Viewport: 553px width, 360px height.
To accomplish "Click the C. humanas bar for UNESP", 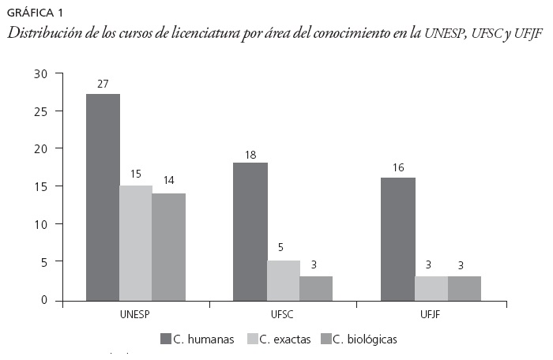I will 103,197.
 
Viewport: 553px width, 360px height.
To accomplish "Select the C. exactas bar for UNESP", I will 136,242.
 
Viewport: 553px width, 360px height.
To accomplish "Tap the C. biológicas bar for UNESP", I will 168,246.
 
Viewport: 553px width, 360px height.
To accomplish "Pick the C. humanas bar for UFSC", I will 250,231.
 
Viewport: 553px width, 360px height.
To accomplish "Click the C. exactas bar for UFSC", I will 284,280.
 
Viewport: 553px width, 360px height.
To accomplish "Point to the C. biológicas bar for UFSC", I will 316,288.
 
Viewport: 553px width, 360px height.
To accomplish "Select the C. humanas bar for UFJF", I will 398,238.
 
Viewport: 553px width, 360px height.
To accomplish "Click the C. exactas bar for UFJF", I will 431,288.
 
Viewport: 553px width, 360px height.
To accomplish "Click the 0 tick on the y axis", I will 45,300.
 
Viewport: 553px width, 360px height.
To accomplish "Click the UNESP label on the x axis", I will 135,314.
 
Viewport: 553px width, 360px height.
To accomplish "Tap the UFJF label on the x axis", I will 431,314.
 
